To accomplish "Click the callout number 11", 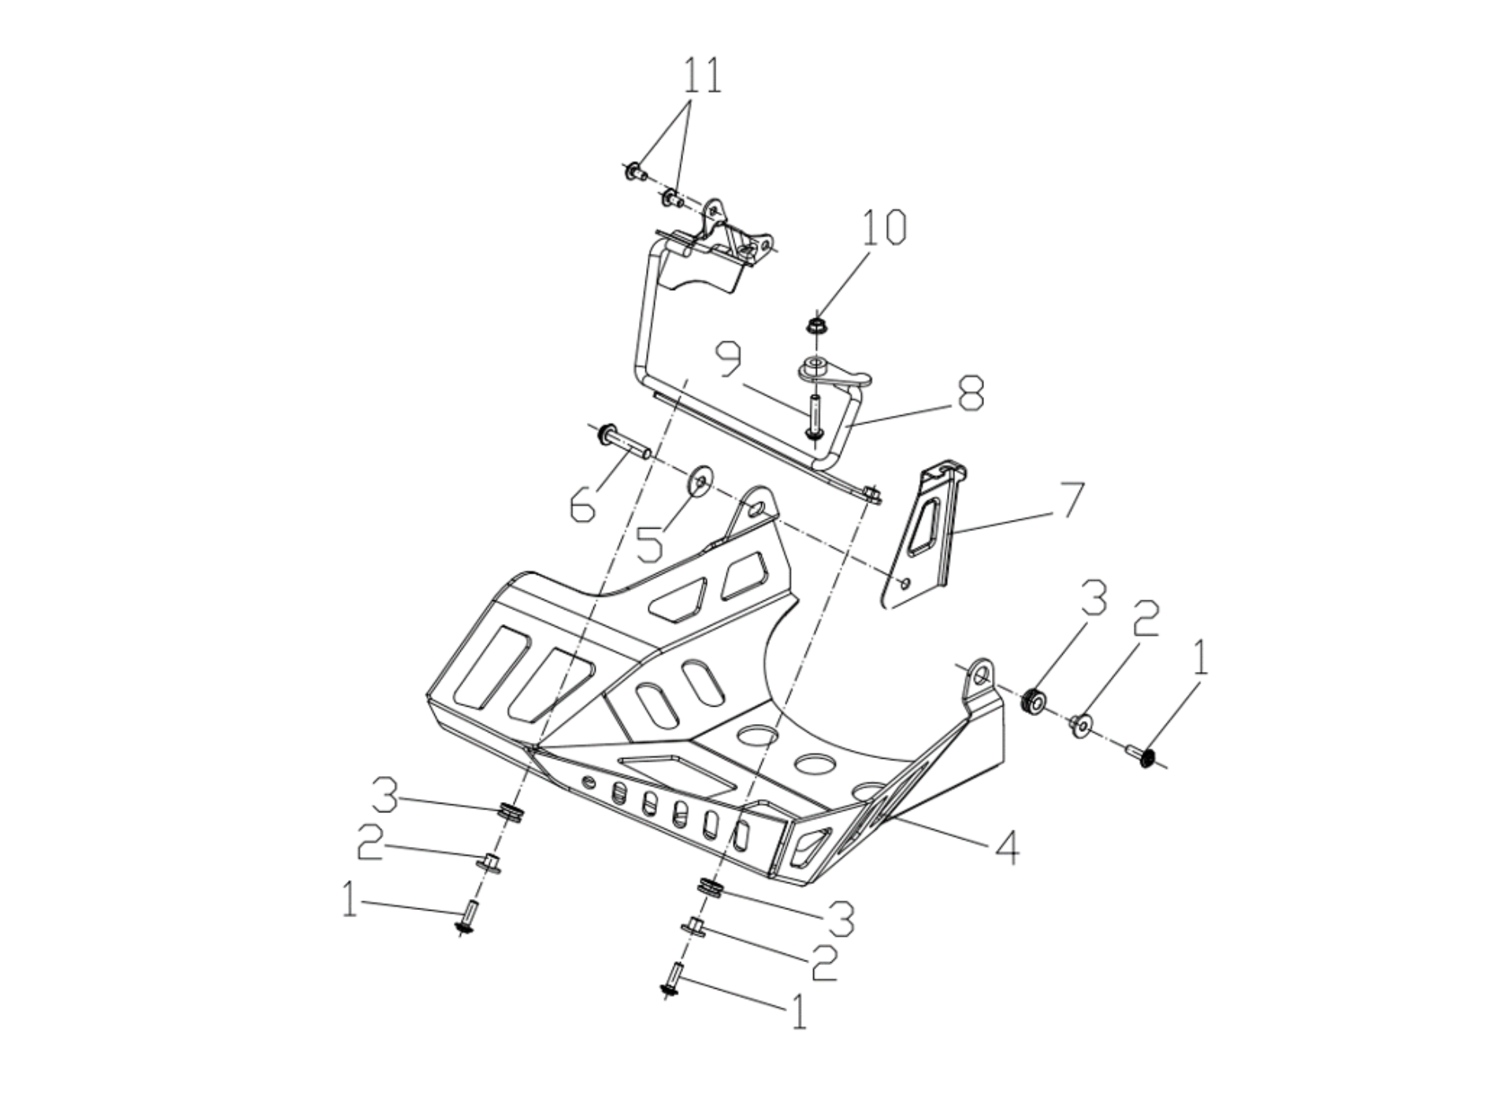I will pyautogui.click(x=701, y=76).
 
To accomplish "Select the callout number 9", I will pyautogui.click(x=729, y=358).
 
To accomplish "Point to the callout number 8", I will pyautogui.click(x=970, y=392).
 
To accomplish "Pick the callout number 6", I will pyautogui.click(x=583, y=503).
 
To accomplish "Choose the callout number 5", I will pyautogui.click(x=650, y=543).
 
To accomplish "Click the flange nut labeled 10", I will pyautogui.click(x=815, y=323).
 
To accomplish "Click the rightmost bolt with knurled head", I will pyautogui.click(x=1142, y=757).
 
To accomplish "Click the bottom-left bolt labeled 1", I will pyautogui.click(x=466, y=919).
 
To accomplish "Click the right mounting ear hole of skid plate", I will pyautogui.click(x=981, y=675).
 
